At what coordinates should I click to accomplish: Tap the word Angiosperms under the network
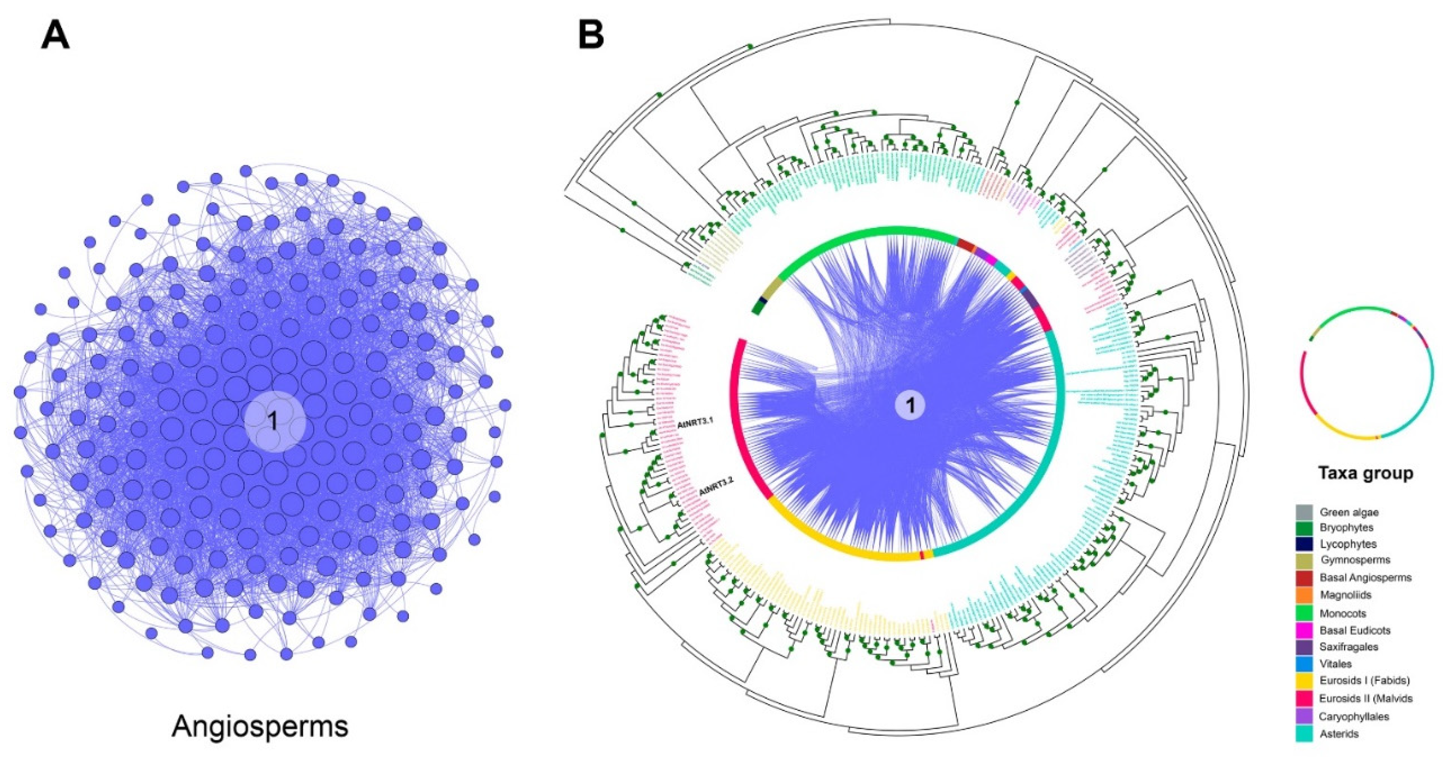[260, 726]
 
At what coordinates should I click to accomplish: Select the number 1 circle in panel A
[274, 421]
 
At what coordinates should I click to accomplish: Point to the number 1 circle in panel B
[910, 405]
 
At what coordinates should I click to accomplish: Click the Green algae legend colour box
[1304, 512]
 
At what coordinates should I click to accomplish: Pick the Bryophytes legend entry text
[1346, 527]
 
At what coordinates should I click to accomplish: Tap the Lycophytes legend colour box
[1304, 543]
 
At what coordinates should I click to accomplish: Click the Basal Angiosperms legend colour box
[1304, 577]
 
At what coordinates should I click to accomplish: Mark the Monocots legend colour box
[1304, 613]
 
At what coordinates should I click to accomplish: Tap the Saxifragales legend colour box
[1304, 647]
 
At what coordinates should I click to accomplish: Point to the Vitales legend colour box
[1304, 663]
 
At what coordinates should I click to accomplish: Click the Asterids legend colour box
[1304, 733]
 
